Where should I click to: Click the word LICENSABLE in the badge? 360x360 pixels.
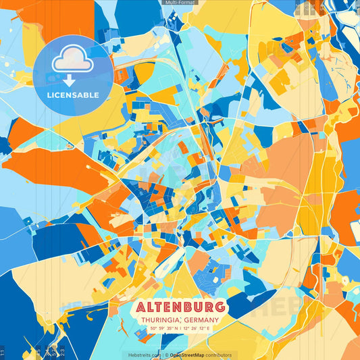(72, 94)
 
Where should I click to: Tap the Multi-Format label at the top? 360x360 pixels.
(180, 3)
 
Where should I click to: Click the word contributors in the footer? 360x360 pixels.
(218, 355)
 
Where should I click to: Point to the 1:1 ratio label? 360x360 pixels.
(3, 353)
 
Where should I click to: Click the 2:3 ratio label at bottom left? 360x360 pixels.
(63, 353)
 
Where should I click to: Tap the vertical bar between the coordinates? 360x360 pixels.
(180, 329)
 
